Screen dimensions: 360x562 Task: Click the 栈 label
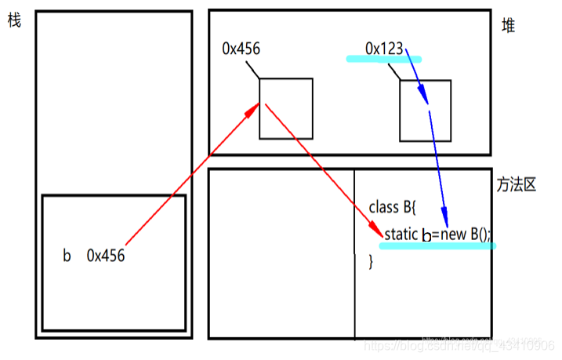(13, 21)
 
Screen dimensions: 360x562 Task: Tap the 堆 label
(509, 27)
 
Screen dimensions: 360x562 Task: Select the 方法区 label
(517, 186)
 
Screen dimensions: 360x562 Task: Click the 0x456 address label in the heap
(241, 49)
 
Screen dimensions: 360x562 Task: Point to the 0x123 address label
(384, 49)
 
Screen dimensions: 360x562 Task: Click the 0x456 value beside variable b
(106, 256)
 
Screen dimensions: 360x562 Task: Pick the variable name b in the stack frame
(67, 256)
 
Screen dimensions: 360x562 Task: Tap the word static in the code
(401, 235)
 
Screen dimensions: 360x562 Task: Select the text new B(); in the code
(468, 235)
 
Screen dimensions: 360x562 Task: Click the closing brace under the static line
(372, 261)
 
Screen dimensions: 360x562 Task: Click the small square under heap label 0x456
(286, 108)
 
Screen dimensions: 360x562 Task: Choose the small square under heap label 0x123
(426, 111)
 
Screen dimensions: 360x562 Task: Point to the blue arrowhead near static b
(445, 220)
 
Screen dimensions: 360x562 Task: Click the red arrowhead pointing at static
(377, 234)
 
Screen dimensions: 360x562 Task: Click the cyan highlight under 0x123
(384, 58)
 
